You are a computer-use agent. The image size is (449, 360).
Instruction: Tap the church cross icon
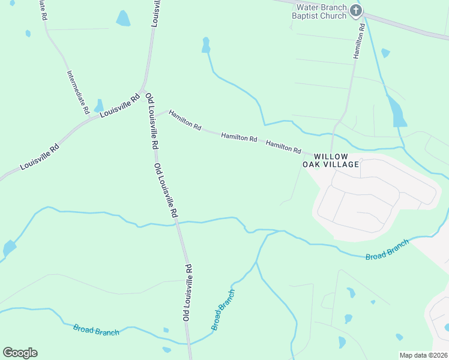[356, 10]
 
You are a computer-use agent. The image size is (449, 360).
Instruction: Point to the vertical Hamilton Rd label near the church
[359, 41]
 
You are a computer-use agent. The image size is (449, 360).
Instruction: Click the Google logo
[20, 353]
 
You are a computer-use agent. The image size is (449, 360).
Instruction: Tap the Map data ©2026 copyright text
[423, 355]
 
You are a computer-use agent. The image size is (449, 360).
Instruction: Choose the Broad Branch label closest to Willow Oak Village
[387, 249]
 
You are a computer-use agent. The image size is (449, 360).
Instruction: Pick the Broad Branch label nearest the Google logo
[96, 330]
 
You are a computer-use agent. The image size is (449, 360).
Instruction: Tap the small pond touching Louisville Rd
[99, 106]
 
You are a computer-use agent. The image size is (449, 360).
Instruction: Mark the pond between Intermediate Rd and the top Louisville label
[123, 19]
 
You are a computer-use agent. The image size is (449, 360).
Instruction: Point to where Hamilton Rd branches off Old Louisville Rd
[157, 113]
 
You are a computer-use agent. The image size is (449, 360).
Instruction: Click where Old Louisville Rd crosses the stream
[177, 223]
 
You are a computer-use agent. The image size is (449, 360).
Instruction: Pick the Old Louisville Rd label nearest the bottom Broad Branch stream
[187, 292]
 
